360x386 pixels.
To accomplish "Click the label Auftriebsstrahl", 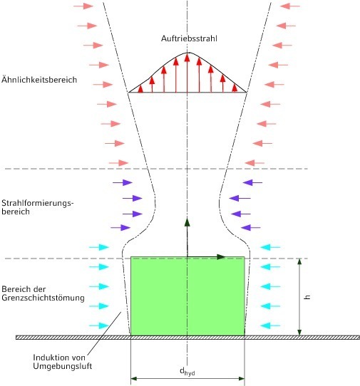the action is click(x=189, y=38).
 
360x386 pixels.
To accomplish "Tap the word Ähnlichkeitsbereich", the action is click(x=39, y=79).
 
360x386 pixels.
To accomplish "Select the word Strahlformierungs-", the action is click(x=38, y=203).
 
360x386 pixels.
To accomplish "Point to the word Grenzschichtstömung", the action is click(x=43, y=298).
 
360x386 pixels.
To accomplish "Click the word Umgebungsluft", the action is click(x=62, y=366).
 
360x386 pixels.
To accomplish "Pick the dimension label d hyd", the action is click(x=187, y=372).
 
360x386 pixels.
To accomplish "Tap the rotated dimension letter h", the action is click(x=307, y=297).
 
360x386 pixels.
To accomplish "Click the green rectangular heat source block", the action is click(x=187, y=296).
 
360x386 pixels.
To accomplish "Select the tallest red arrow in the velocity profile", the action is click(x=187, y=73).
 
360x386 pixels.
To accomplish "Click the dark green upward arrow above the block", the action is click(x=187, y=237).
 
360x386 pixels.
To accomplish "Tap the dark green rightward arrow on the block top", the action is click(x=206, y=257).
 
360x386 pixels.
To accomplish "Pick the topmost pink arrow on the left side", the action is click(x=83, y=6).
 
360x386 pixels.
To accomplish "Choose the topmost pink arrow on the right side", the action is click(x=290, y=6).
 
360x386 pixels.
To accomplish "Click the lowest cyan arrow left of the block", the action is click(x=99, y=325).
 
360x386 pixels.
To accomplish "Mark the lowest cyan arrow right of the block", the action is click(x=270, y=325).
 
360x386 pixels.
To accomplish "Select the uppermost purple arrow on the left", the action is click(x=123, y=182).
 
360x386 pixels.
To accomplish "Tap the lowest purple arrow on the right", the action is click(x=251, y=228).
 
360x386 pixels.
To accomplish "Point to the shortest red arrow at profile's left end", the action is click(x=140, y=88).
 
